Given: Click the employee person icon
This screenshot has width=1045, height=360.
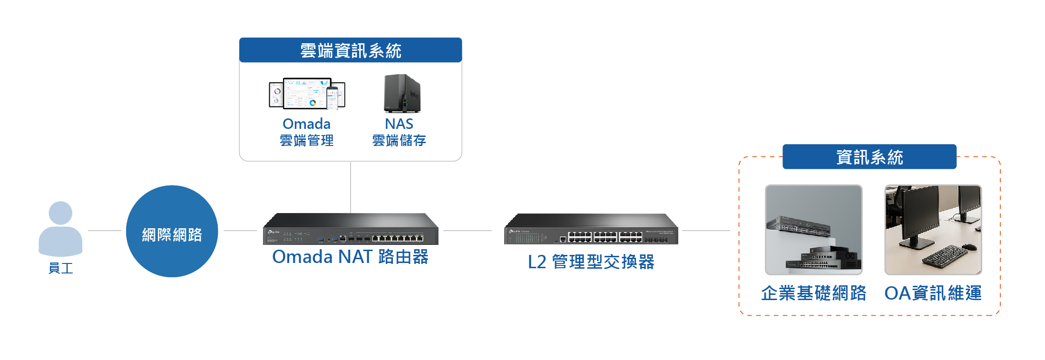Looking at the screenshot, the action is [60, 229].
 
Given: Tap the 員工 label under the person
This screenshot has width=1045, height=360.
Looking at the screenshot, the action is [61, 268].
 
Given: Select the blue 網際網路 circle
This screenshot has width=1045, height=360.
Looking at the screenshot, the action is [172, 231].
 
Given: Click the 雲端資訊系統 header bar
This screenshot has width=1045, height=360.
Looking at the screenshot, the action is [351, 50].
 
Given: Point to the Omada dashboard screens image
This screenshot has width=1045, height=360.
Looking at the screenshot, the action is [307, 94].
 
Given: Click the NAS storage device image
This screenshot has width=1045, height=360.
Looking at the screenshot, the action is [402, 93].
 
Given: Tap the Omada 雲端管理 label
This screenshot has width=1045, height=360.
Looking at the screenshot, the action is [307, 132].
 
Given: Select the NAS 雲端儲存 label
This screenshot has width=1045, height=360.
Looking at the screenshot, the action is [399, 132].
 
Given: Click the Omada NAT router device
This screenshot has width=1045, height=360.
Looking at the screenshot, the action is [351, 229].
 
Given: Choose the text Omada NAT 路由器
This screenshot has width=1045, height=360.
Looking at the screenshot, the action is [351, 257].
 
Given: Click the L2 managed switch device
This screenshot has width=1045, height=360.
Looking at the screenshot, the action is [591, 229].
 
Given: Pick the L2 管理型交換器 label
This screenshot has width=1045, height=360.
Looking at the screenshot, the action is [591, 262].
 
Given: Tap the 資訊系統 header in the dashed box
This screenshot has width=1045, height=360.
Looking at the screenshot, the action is [869, 156].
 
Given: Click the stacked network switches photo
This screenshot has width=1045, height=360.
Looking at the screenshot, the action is [814, 230].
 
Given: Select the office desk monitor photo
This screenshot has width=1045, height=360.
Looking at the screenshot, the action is [933, 230].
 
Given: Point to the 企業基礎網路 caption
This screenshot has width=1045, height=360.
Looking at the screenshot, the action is [814, 293].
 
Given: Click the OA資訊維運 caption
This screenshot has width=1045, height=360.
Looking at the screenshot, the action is [933, 293].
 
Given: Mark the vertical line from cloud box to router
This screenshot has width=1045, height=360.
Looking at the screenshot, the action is [351, 187].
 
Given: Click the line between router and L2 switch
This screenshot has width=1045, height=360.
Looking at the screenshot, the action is [468, 231].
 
